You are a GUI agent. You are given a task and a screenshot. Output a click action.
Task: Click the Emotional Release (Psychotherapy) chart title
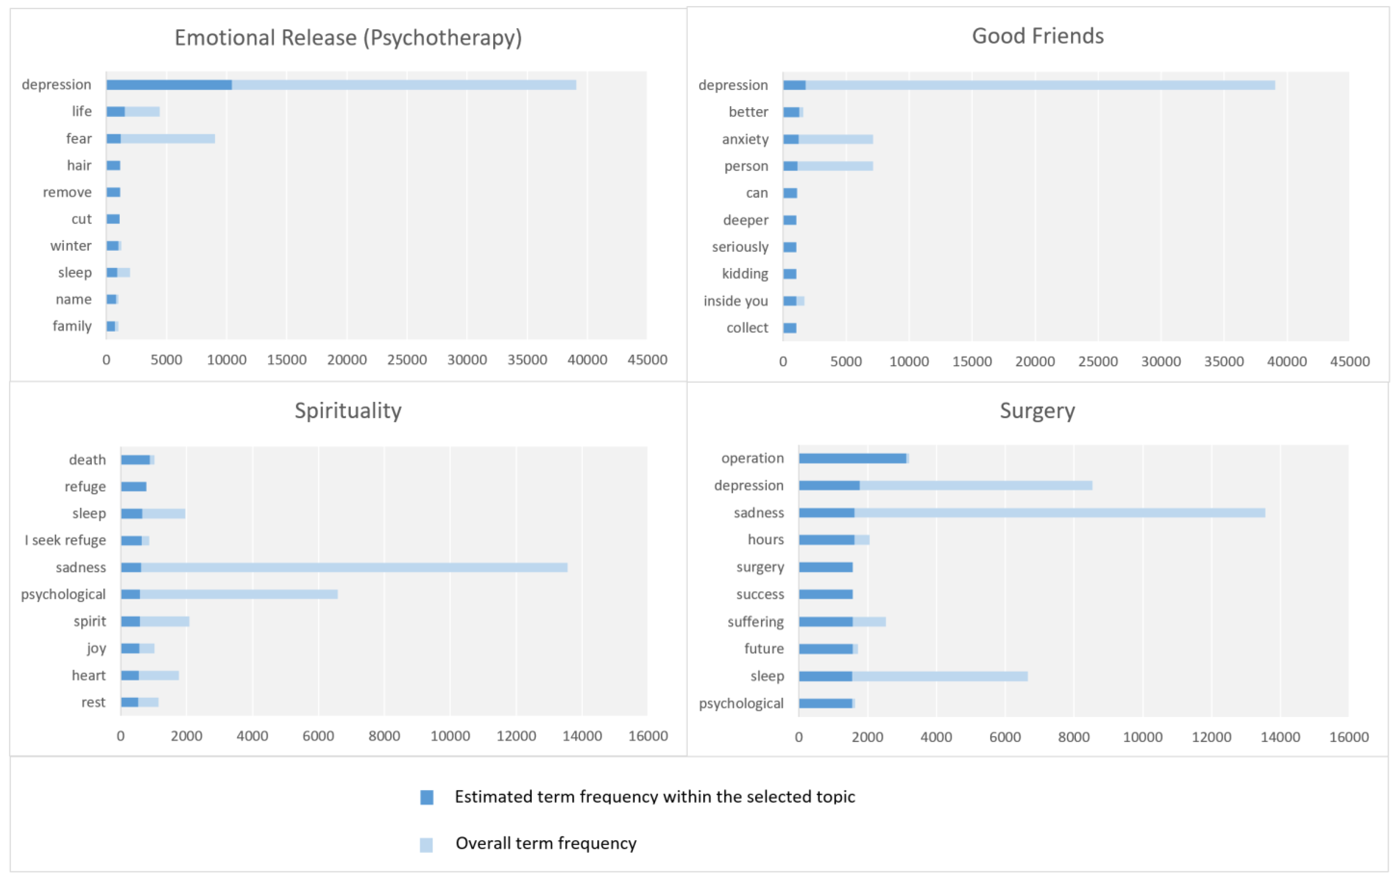pyautogui.click(x=348, y=38)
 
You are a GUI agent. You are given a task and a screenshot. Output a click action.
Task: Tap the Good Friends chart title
pyautogui.click(x=1037, y=36)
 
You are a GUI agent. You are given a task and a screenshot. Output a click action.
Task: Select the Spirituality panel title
pyautogui.click(x=348, y=410)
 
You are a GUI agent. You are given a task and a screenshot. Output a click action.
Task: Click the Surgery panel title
pyautogui.click(x=1037, y=410)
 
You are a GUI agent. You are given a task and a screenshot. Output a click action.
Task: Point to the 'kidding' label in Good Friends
pyautogui.click(x=745, y=274)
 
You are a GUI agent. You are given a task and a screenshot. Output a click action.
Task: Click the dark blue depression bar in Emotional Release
pyautogui.click(x=169, y=85)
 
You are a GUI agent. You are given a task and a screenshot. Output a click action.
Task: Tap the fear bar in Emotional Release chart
pyautogui.click(x=168, y=139)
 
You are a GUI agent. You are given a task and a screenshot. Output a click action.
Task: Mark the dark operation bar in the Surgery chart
pyautogui.click(x=852, y=459)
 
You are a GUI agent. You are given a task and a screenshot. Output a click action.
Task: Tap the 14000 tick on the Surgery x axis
pyautogui.click(x=1280, y=737)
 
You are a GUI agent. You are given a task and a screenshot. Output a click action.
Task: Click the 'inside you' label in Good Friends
pyautogui.click(x=736, y=301)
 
